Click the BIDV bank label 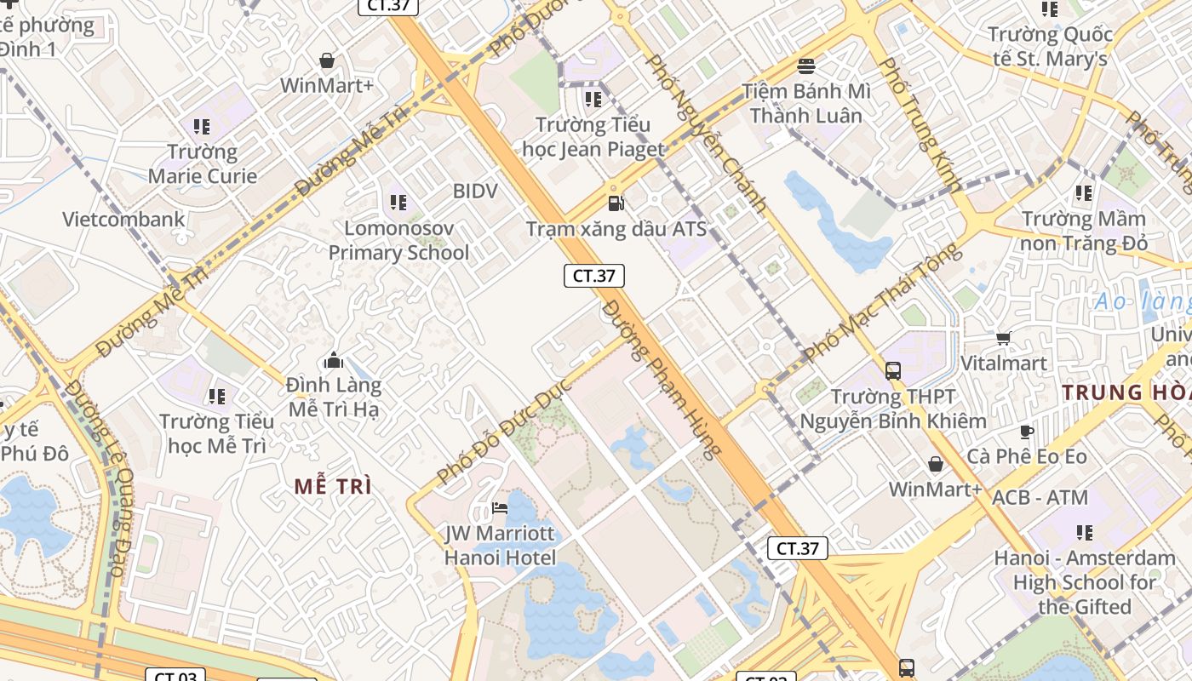(x=475, y=191)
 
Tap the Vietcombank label (x=123, y=220)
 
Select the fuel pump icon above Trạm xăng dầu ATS (x=615, y=203)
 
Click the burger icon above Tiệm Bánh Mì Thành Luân (x=805, y=66)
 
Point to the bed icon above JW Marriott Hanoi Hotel (x=500, y=509)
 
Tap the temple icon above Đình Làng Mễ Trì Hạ (x=333, y=360)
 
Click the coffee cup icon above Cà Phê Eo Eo (x=1027, y=432)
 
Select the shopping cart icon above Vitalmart (x=1004, y=338)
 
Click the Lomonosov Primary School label (x=398, y=241)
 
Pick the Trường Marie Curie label (x=203, y=164)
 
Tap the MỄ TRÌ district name (x=333, y=487)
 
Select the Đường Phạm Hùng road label (x=662, y=380)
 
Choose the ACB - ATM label (x=1040, y=497)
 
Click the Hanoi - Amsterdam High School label (x=1085, y=583)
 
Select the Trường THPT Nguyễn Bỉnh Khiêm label (x=893, y=409)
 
